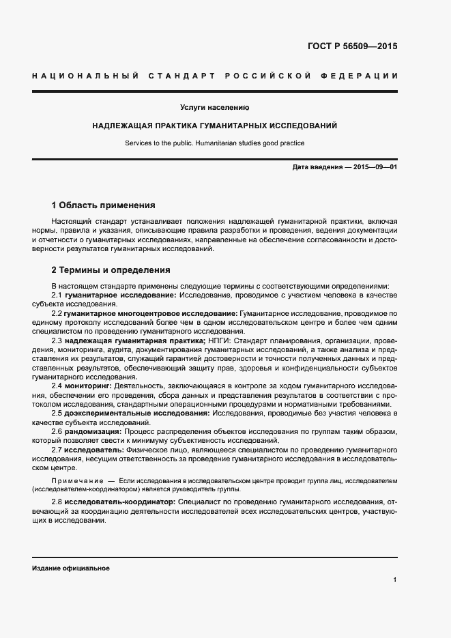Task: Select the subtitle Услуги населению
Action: (214, 107)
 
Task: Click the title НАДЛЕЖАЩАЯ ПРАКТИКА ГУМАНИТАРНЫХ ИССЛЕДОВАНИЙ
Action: (214, 126)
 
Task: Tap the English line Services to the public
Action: (214, 143)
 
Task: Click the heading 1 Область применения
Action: (104, 205)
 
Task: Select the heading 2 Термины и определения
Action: (111, 270)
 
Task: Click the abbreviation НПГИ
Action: (220, 340)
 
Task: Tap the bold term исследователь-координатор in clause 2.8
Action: (119, 502)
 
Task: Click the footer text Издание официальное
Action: (70, 568)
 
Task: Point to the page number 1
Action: (395, 579)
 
